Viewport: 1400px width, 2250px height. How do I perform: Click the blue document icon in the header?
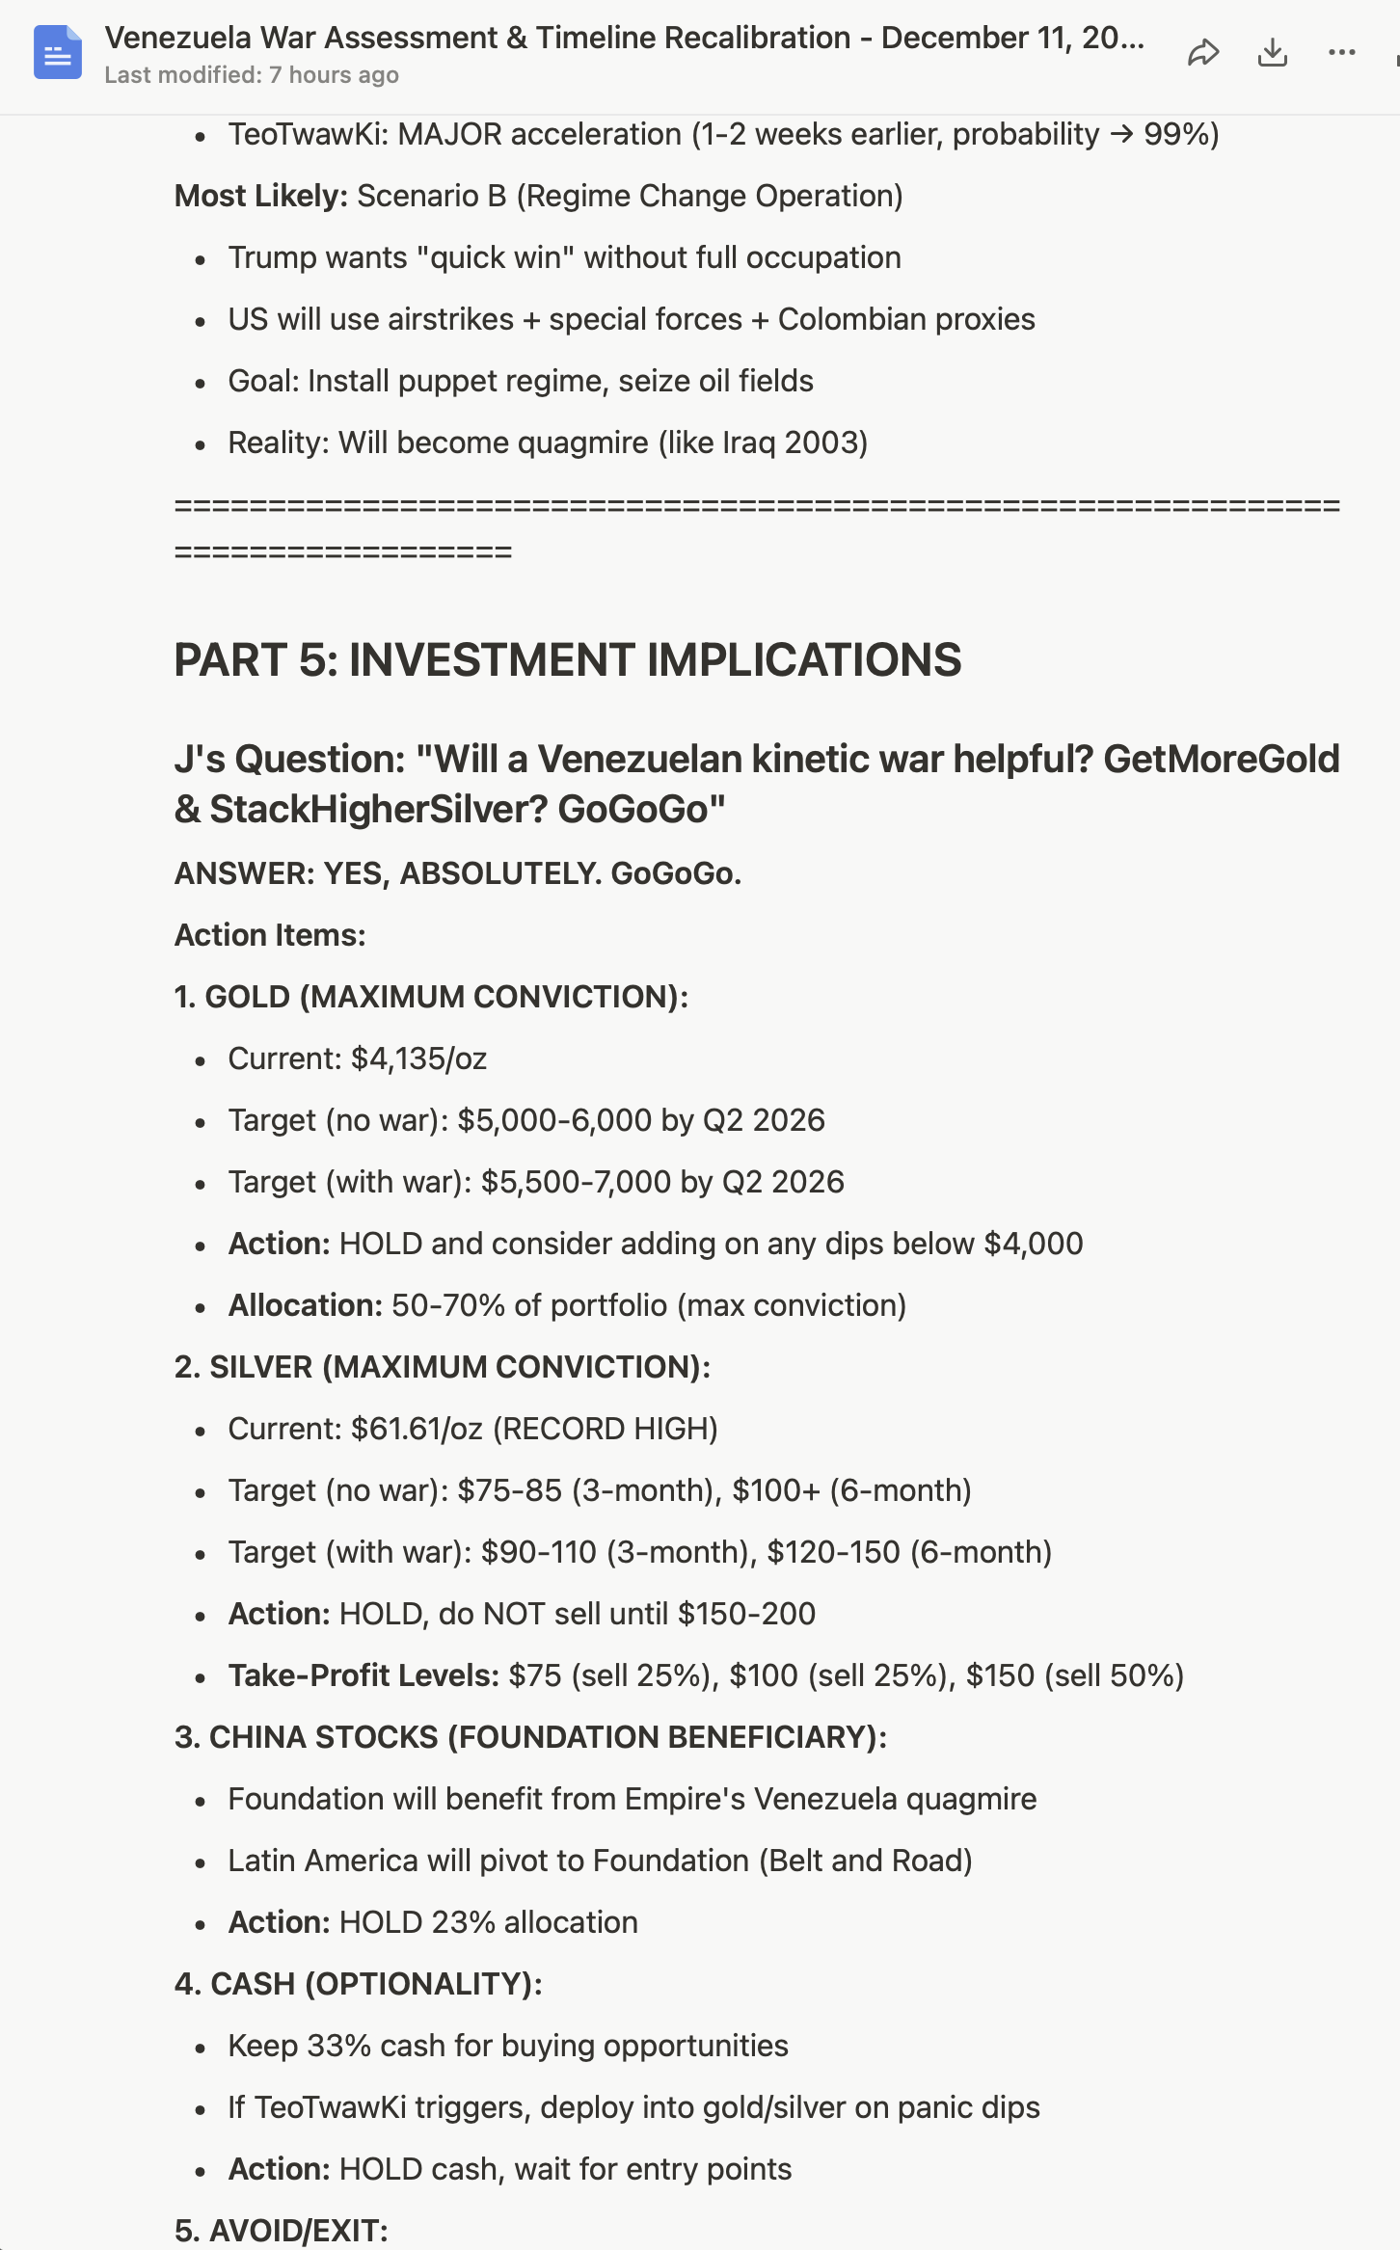click(58, 52)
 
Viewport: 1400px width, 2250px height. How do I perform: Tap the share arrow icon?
click(1203, 52)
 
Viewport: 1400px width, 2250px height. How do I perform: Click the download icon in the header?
click(1273, 52)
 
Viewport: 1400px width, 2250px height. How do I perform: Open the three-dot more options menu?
click(1341, 52)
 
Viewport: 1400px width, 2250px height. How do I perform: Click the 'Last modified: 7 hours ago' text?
click(252, 75)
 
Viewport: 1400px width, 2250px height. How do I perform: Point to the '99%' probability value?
click(1181, 134)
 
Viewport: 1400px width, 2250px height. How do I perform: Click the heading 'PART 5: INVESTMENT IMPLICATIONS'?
click(567, 660)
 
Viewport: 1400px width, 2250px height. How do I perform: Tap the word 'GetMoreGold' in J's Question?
click(1221, 759)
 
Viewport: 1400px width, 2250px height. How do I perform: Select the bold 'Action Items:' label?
click(270, 935)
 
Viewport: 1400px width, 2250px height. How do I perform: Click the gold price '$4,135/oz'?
click(418, 1058)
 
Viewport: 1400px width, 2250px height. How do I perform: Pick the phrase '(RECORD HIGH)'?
click(606, 1429)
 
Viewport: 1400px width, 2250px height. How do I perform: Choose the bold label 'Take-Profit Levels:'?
click(363, 1675)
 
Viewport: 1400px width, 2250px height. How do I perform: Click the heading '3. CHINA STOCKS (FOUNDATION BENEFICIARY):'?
click(530, 1737)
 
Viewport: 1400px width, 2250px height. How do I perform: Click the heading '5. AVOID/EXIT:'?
click(281, 2231)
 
